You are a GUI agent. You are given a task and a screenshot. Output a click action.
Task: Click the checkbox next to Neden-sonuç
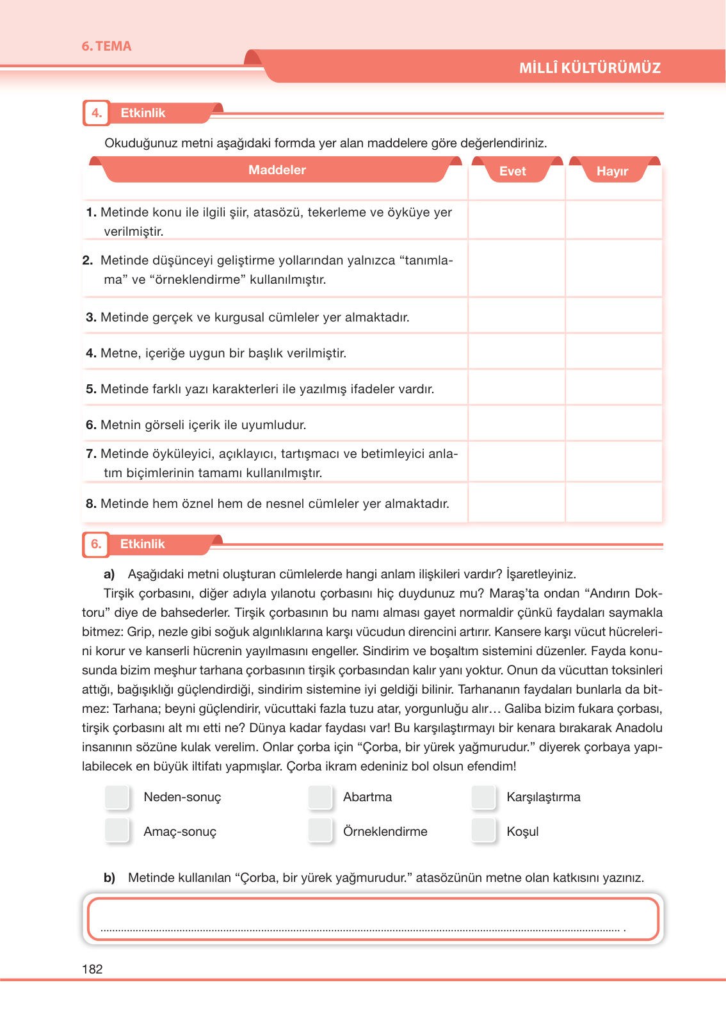point(117,797)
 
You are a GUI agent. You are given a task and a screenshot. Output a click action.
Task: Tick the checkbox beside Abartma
point(320,797)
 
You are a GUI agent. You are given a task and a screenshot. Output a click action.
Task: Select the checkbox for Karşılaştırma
point(483,797)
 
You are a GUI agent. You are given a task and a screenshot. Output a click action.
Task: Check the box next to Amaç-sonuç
point(117,831)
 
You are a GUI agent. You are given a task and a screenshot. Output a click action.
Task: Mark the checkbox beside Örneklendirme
point(320,831)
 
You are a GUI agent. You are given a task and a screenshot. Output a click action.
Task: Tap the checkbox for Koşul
point(483,831)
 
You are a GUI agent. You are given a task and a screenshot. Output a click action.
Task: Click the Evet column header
point(513,171)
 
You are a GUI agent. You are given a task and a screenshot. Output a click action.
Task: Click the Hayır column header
point(612,171)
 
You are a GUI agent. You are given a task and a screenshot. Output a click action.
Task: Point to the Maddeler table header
point(277,170)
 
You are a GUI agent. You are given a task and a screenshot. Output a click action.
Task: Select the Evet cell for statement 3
point(516,316)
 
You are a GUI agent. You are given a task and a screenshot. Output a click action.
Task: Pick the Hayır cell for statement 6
point(613,424)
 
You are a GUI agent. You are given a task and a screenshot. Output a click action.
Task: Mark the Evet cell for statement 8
point(516,503)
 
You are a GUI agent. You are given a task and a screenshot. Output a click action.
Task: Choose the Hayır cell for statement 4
point(613,352)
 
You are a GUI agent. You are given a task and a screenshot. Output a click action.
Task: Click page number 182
point(92,969)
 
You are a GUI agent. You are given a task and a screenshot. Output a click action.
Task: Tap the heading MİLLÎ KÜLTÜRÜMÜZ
point(590,68)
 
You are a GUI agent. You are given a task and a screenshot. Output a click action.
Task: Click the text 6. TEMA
point(106,46)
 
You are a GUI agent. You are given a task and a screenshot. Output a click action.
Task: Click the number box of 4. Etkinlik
point(96,113)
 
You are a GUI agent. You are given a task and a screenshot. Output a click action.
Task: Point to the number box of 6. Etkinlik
point(96,544)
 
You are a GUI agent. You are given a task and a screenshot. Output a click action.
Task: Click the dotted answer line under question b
point(362,929)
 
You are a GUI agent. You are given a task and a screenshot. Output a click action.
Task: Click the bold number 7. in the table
point(91,453)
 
